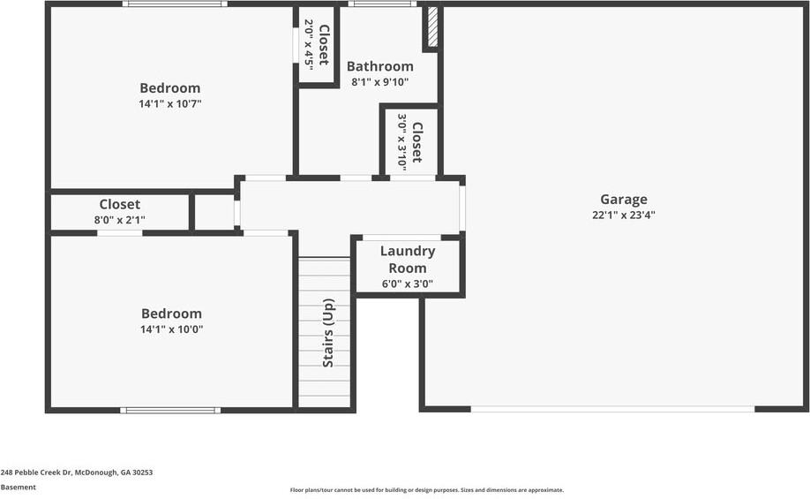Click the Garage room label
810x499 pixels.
pyautogui.click(x=624, y=200)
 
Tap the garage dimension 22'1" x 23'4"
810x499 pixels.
pyautogui.click(x=624, y=215)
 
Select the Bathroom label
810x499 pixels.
pyautogui.click(x=379, y=66)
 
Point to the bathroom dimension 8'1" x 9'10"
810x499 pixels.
pyautogui.click(x=379, y=82)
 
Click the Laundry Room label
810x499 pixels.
pyautogui.click(x=407, y=260)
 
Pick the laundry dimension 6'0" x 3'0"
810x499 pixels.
pyautogui.click(x=407, y=284)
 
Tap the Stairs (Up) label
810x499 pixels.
pyautogui.click(x=328, y=333)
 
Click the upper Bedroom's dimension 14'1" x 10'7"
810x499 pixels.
pyautogui.click(x=170, y=103)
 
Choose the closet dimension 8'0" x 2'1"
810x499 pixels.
pyautogui.click(x=120, y=219)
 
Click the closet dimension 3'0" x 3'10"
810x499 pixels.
pyautogui.click(x=402, y=140)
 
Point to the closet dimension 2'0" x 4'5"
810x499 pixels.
pyautogui.click(x=309, y=43)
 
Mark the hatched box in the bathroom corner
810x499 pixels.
pyautogui.click(x=432, y=27)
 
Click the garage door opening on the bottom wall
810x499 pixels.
pyautogui.click(x=612, y=409)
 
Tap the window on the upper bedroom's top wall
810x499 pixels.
pyautogui.click(x=175, y=4)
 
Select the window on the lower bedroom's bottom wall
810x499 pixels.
pyautogui.click(x=169, y=410)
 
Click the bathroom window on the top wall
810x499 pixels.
pyautogui.click(x=382, y=4)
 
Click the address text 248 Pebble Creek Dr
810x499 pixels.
pyautogui.click(x=77, y=473)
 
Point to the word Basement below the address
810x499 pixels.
pyautogui.click(x=19, y=488)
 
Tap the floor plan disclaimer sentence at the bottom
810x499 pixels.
pyautogui.click(x=427, y=490)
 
